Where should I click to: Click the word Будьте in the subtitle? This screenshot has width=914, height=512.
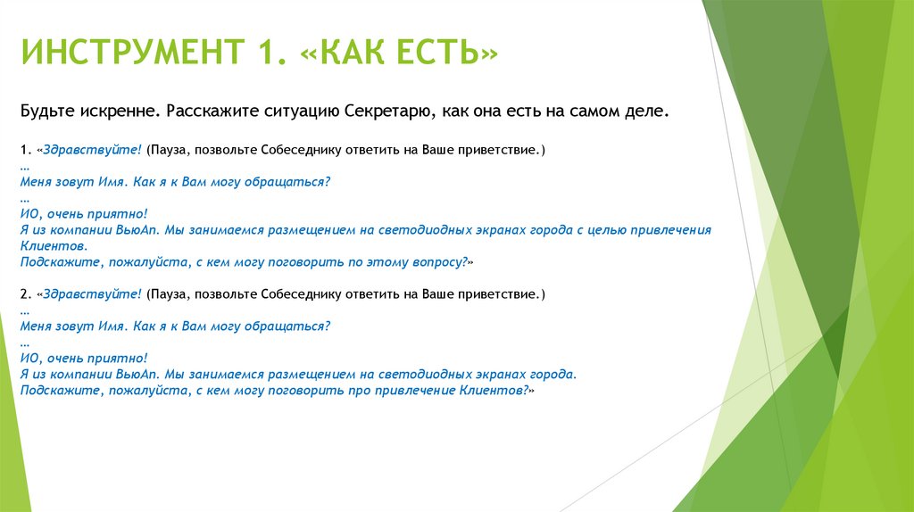42,111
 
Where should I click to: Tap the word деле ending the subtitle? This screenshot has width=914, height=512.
644,111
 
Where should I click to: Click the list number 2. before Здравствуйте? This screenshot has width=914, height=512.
24,294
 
